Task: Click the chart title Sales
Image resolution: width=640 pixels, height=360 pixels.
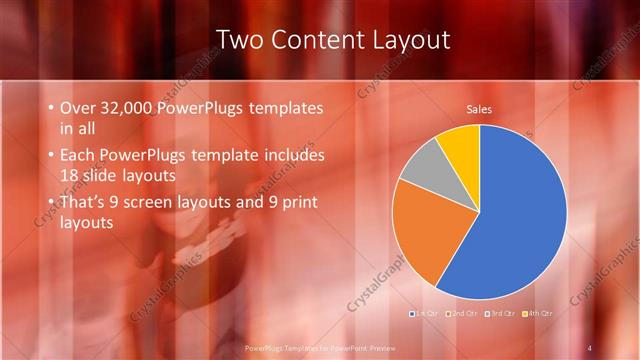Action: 479,109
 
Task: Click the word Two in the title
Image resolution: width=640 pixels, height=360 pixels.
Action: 245,40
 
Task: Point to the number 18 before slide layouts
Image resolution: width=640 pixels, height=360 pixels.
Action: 71,175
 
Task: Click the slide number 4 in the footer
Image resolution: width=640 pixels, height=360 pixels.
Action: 590,347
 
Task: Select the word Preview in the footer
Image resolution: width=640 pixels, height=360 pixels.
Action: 375,347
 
